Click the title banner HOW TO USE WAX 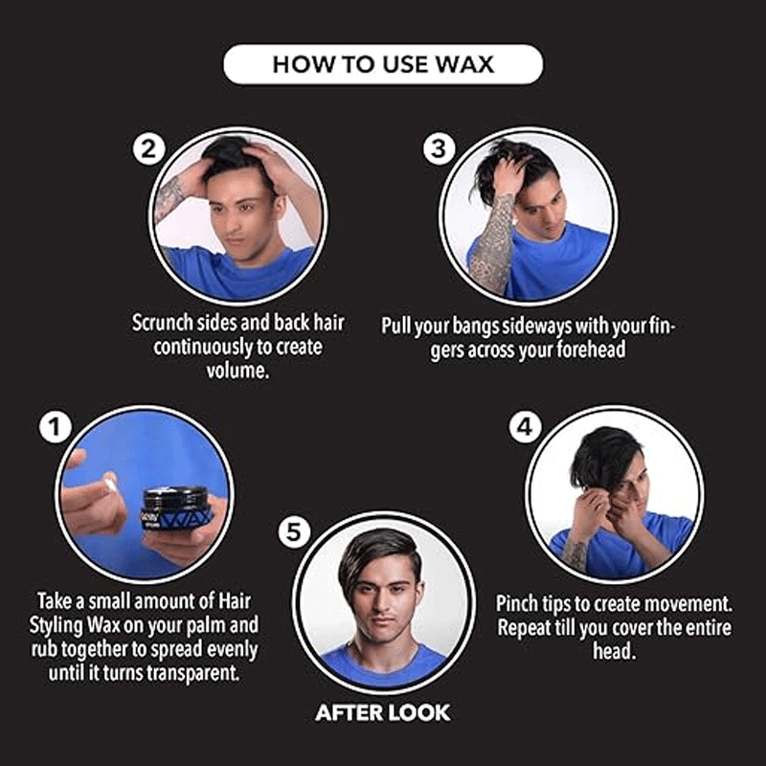(x=383, y=64)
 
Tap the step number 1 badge (x=56, y=426)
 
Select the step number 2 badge (x=149, y=149)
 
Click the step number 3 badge (x=439, y=148)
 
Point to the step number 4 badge (x=525, y=427)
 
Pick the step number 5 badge (x=294, y=532)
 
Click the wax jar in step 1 (x=177, y=508)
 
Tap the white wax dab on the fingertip (x=110, y=484)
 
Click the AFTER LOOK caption (x=382, y=712)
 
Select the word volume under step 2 (x=237, y=371)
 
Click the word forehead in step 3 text (x=592, y=349)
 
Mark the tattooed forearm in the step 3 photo (x=492, y=244)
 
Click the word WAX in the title (x=464, y=64)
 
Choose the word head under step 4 (x=614, y=651)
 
